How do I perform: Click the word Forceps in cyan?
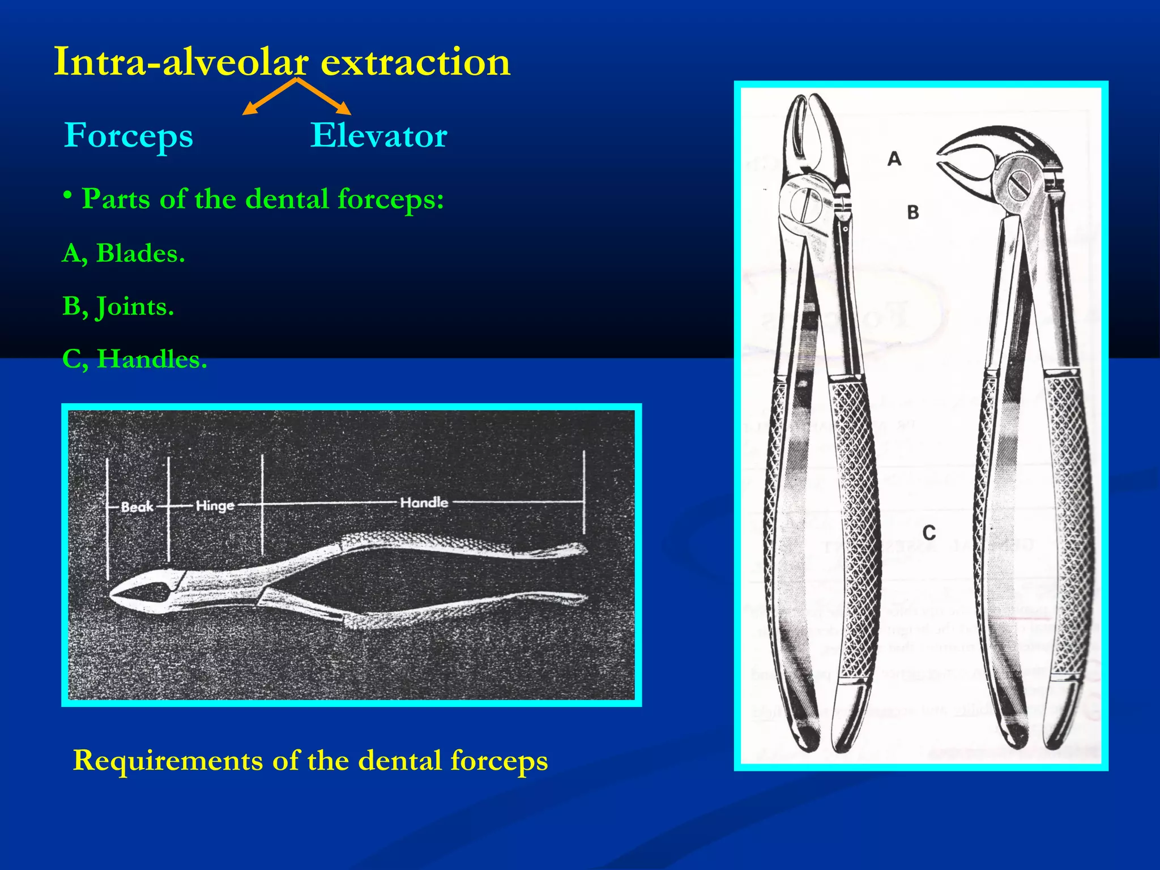point(129,136)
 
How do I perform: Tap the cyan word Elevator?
point(378,135)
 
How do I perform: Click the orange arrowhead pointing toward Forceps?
point(248,110)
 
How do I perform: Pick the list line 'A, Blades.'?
point(123,253)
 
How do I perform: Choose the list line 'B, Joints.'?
point(118,306)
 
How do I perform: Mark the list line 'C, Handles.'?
point(134,359)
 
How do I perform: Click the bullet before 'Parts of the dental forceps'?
point(68,196)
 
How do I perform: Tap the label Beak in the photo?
point(137,506)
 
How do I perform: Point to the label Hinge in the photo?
point(215,505)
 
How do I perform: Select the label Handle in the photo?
point(424,502)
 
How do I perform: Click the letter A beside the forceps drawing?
point(894,159)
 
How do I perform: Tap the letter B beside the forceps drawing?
point(912,212)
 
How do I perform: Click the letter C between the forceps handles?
point(929,533)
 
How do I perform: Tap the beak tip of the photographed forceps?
point(113,596)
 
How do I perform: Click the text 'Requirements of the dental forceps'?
point(310,760)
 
